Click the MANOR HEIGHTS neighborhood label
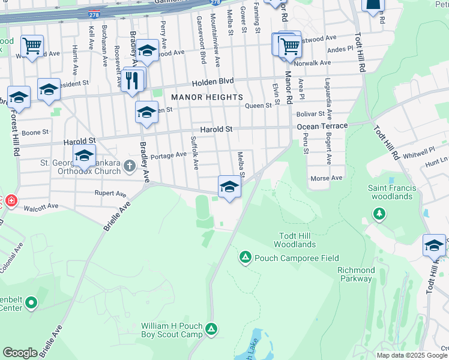click(x=207, y=97)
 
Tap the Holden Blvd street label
click(x=212, y=82)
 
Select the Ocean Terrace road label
click(x=322, y=126)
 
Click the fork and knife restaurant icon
click(x=132, y=80)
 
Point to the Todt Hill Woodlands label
click(x=295, y=240)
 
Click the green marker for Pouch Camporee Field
click(x=245, y=258)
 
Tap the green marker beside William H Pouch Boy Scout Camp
click(x=211, y=329)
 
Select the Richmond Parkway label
click(x=356, y=274)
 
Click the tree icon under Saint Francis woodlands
click(x=379, y=213)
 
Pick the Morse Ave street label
click(x=326, y=178)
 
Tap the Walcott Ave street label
click(x=41, y=207)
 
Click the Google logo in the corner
click(x=20, y=352)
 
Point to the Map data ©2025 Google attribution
click(x=412, y=355)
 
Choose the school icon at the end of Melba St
click(x=229, y=187)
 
